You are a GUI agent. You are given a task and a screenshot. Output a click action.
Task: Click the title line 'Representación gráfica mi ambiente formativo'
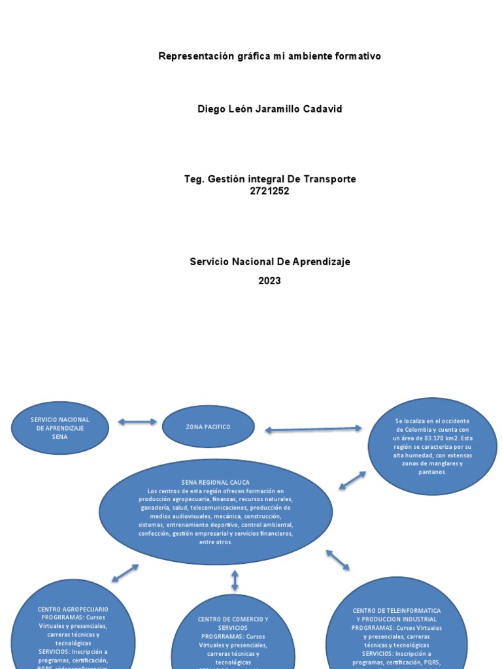[x=269, y=56]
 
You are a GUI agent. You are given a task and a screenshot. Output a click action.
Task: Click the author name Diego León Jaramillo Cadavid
[x=269, y=109]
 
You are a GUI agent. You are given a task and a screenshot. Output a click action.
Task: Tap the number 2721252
[x=269, y=191]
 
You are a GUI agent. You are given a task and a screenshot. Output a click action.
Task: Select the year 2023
[x=269, y=281]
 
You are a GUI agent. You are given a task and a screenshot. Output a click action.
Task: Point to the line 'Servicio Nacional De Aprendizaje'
[x=269, y=261]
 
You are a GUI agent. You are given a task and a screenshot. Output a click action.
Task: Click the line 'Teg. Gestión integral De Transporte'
[x=269, y=179]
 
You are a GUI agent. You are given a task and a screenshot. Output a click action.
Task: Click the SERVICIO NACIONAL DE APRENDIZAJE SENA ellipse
[x=60, y=428]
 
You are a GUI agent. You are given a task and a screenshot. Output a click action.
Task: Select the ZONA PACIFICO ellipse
[x=208, y=427]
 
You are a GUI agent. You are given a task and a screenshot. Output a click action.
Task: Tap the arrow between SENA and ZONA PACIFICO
[x=137, y=422]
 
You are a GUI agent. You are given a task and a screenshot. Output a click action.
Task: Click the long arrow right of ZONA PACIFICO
[x=313, y=429]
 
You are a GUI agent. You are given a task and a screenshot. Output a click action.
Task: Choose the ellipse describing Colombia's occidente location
[x=432, y=446]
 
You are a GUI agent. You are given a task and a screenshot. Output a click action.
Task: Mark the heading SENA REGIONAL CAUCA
[x=215, y=482]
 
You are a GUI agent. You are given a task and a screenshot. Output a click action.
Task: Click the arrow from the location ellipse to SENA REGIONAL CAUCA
[x=352, y=480]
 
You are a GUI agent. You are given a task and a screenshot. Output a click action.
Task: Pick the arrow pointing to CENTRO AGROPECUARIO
[x=125, y=573]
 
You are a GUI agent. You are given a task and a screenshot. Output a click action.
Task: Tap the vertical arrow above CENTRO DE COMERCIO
[x=235, y=580]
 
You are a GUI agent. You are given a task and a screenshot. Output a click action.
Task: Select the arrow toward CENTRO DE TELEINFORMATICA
[x=338, y=560]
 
